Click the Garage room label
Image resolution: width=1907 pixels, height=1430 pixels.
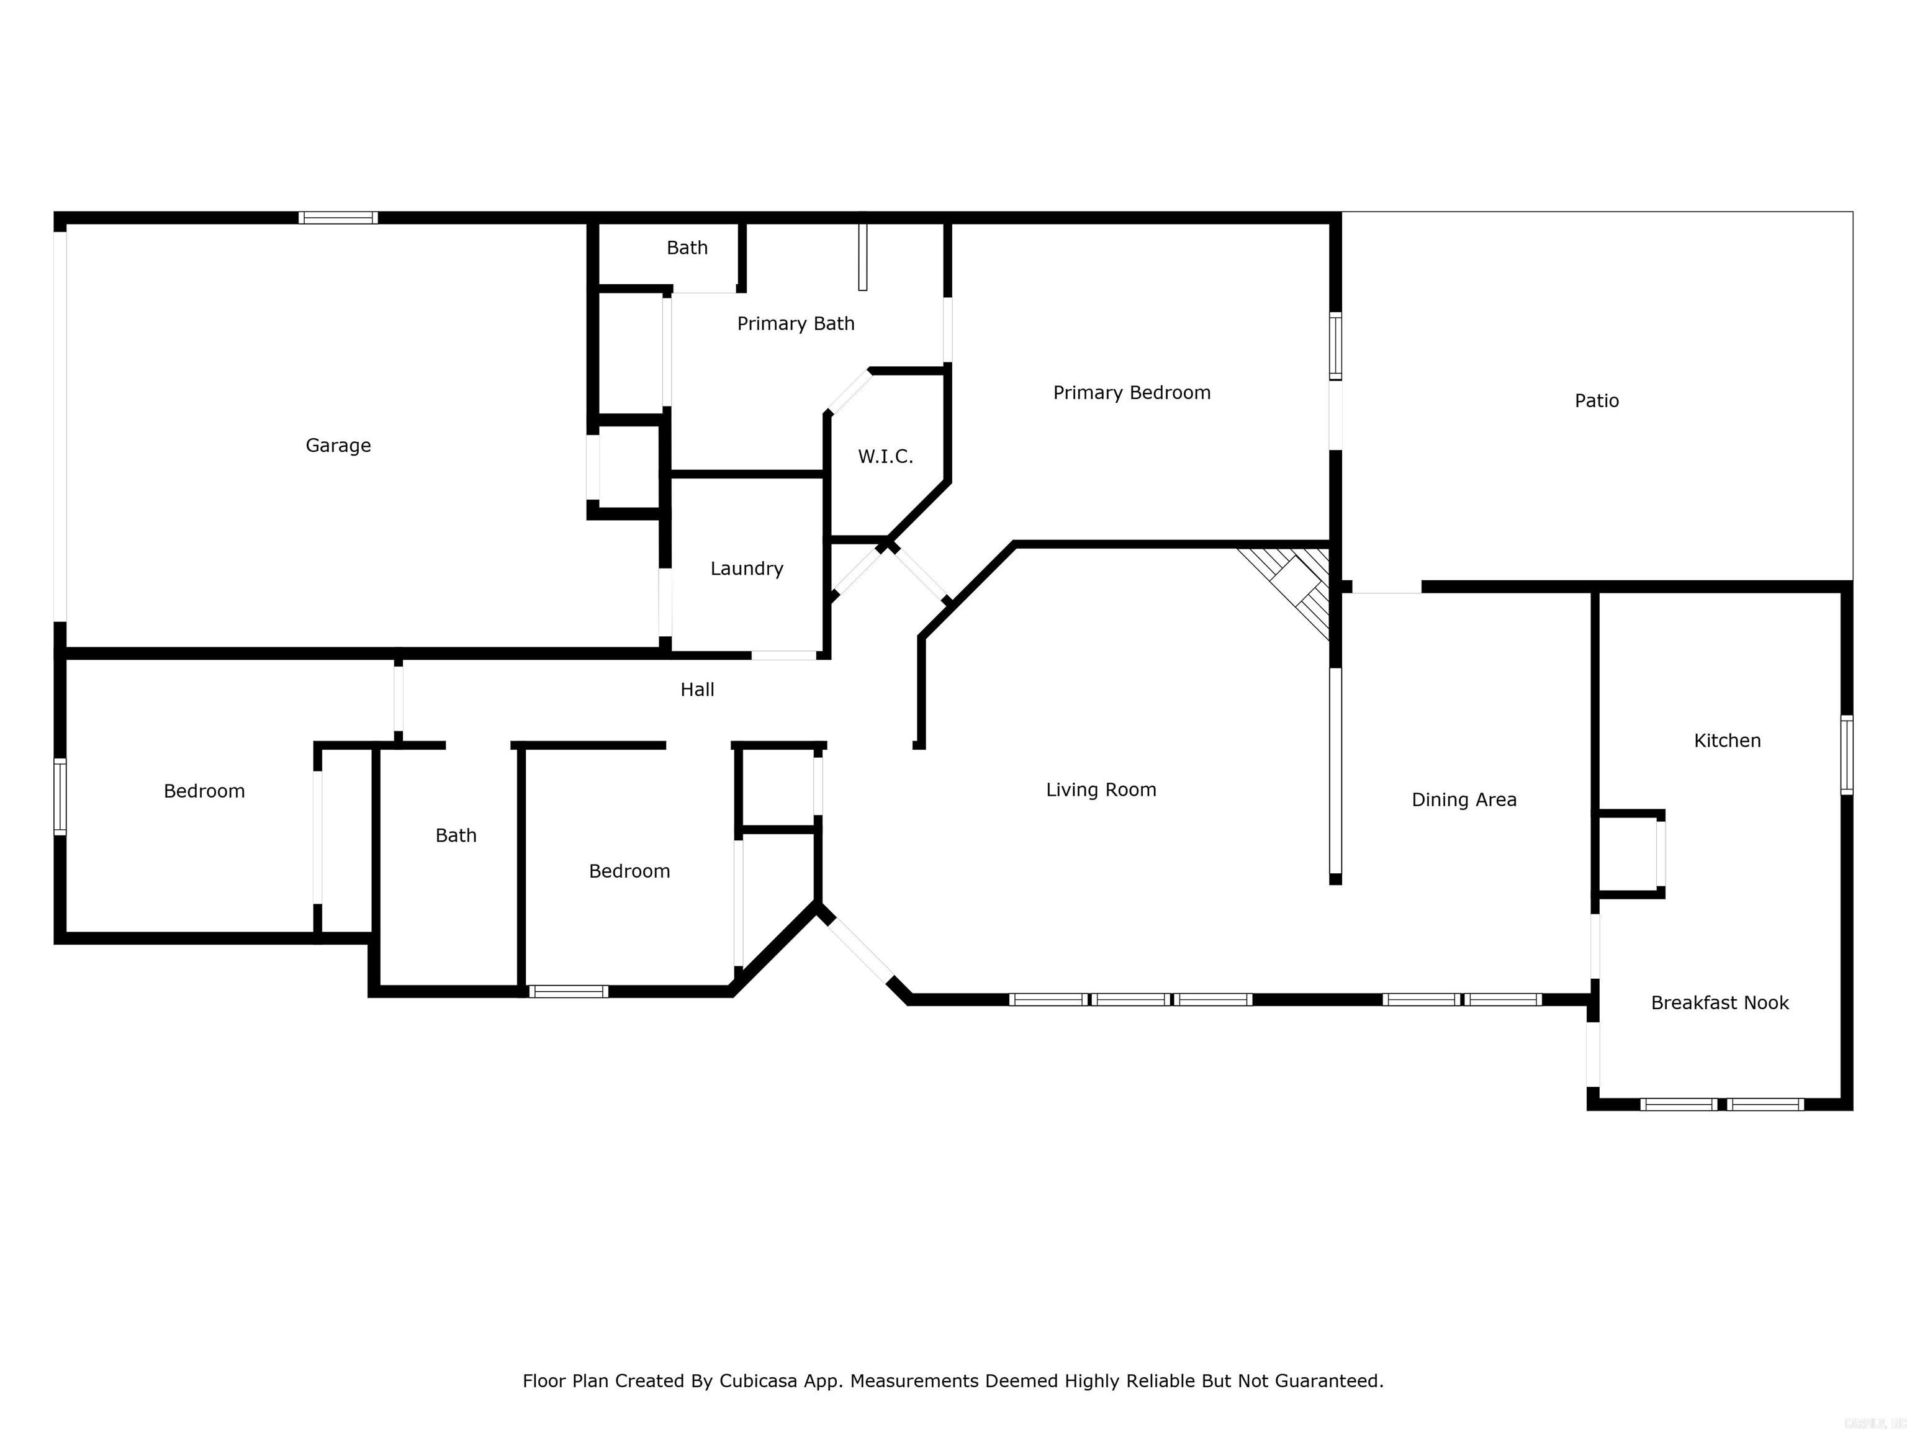coord(338,446)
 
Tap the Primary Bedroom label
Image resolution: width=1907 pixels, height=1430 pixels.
coord(1131,393)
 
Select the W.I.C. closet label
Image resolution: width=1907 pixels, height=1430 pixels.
coord(885,457)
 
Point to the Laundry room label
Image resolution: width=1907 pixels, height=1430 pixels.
coord(747,569)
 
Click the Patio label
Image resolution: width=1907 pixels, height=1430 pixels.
coord(1596,401)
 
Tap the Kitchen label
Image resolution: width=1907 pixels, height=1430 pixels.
coord(1727,740)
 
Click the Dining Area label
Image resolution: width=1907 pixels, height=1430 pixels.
coord(1463,800)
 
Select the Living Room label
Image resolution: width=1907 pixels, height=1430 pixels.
coord(1100,789)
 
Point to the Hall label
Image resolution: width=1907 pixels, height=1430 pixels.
coord(697,690)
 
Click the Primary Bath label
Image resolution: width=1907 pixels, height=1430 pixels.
coord(795,323)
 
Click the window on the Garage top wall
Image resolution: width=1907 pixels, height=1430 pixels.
coord(338,218)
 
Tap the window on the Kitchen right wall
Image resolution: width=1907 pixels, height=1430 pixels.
coord(1846,754)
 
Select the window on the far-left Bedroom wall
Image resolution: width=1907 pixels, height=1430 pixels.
coord(60,796)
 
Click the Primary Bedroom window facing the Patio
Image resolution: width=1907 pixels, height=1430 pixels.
coord(1335,346)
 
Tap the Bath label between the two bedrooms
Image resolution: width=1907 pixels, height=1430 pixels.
coord(455,835)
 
